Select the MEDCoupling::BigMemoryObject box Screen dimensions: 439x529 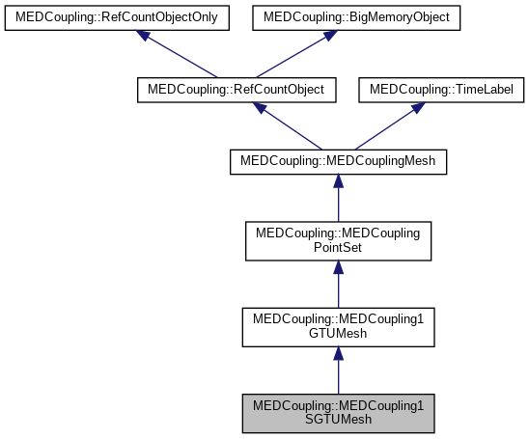[357, 16]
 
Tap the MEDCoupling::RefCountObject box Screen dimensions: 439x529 [237, 90]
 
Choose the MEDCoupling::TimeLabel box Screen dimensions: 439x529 [441, 90]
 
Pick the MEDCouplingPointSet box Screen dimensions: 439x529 [338, 241]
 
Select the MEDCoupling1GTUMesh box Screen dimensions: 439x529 [338, 325]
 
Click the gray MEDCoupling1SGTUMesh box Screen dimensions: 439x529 [338, 412]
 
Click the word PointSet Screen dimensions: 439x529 [338, 249]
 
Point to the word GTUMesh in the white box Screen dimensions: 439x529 [338, 333]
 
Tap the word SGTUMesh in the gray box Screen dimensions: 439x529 [338, 420]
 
